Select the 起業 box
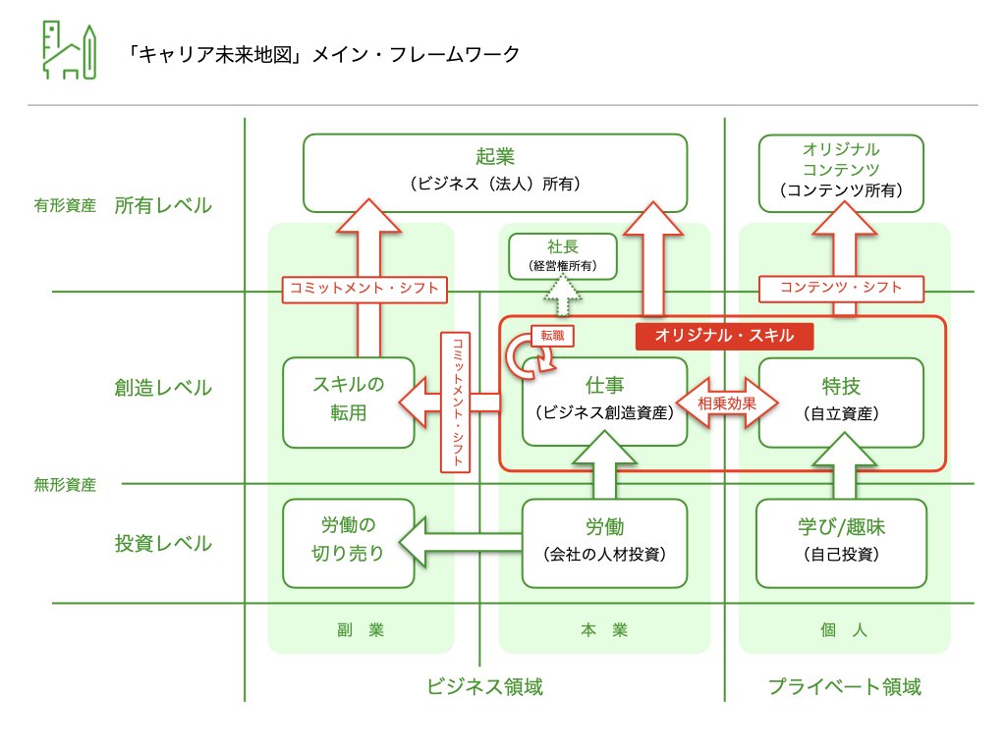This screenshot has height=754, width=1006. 494,173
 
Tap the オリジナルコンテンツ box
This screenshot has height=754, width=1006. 841,173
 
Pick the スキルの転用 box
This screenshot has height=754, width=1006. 349,402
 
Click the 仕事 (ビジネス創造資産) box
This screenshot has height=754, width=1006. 603,401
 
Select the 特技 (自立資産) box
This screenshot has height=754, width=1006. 841,401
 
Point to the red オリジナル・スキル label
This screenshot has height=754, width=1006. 725,337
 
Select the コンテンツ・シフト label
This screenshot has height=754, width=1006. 842,289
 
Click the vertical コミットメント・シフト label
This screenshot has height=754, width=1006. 458,402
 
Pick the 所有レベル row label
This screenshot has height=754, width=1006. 163,206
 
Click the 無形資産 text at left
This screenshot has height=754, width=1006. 65,484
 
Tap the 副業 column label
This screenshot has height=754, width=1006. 361,630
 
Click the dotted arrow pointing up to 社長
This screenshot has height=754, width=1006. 563,293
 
